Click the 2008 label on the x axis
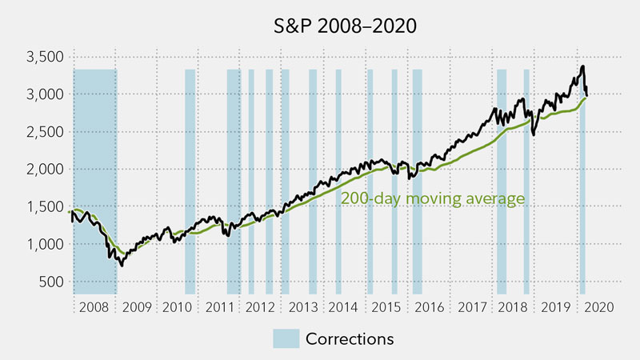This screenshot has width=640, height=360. (95, 306)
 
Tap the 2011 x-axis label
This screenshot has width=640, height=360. (220, 306)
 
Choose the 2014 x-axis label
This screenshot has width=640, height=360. (345, 306)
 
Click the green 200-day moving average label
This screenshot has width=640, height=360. (433, 198)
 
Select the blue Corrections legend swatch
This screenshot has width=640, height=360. (286, 338)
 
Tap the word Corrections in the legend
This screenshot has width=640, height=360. (350, 338)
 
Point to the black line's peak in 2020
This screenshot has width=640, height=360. (582, 66)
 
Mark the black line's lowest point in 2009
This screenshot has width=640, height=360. (122, 265)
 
